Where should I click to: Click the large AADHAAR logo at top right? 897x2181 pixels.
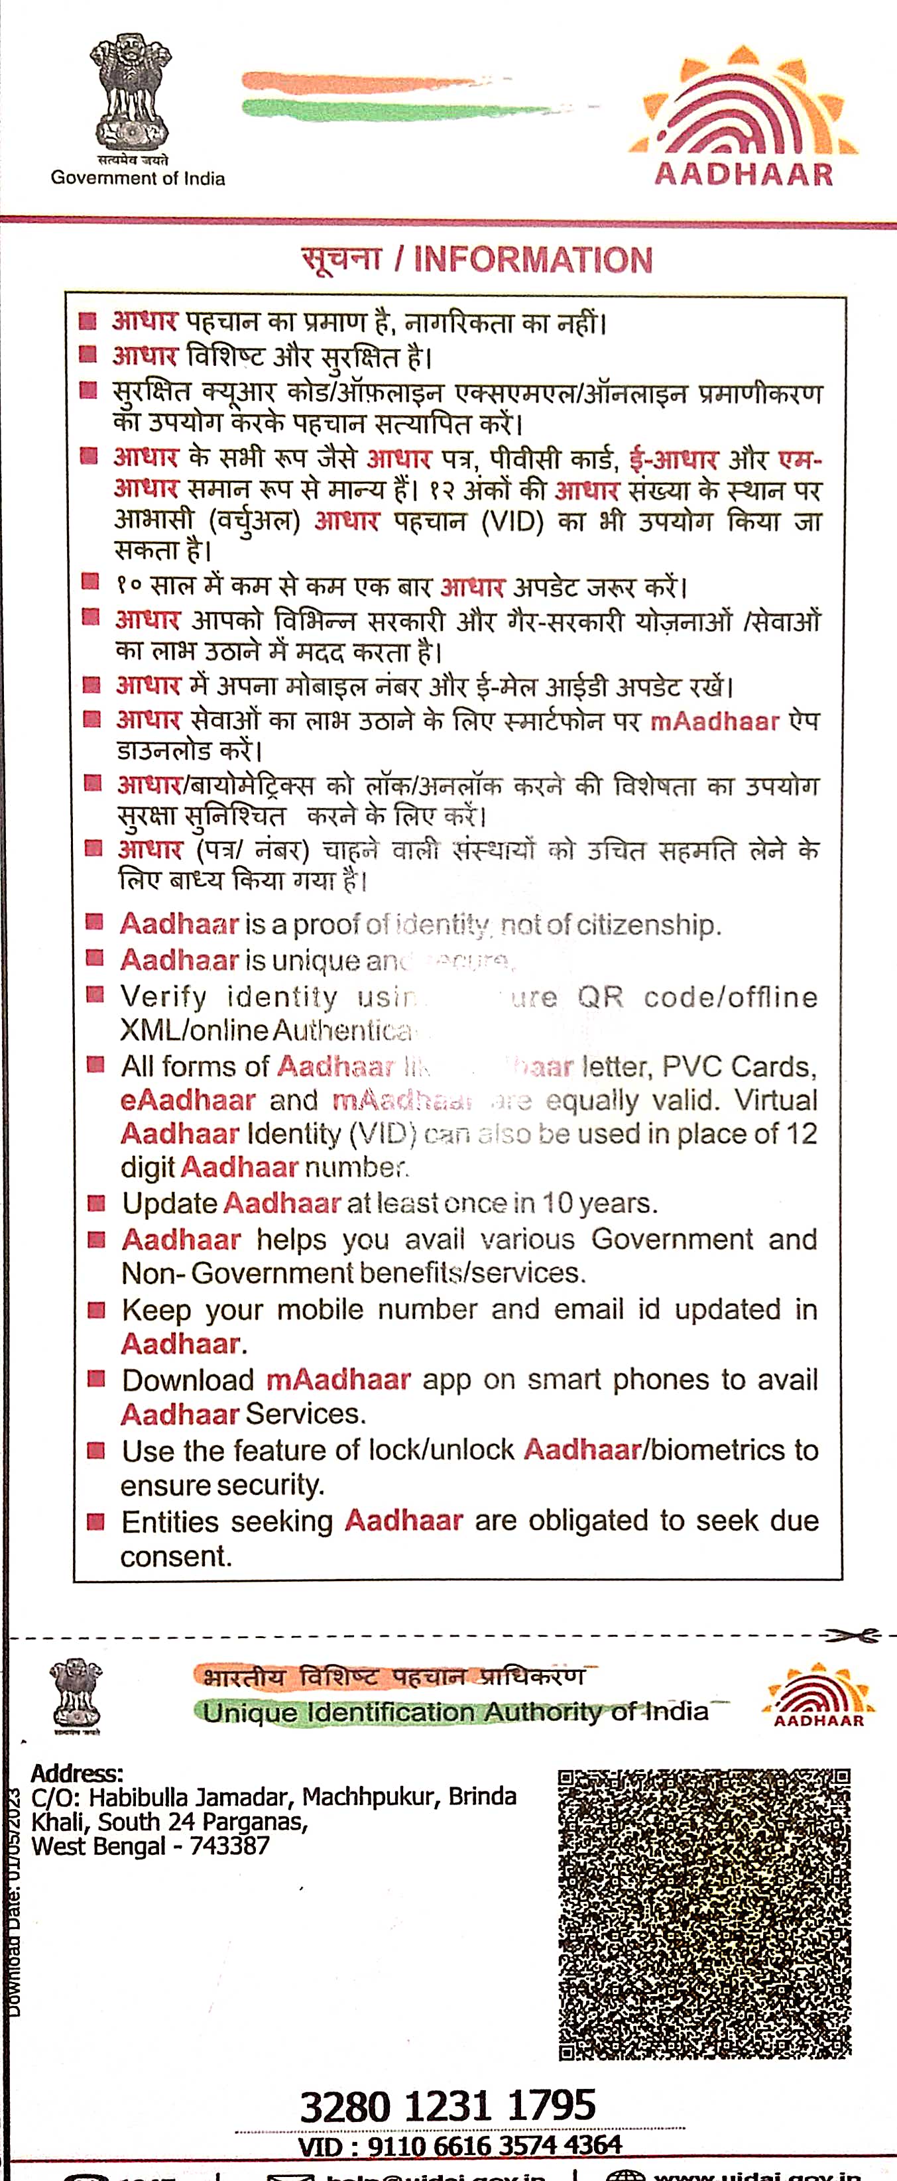click(744, 119)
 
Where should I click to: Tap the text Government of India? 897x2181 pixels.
click(138, 178)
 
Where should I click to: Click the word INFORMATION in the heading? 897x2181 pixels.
click(533, 260)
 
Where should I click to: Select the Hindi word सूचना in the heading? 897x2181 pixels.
click(342, 259)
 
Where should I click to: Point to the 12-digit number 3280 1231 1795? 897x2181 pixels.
click(448, 2105)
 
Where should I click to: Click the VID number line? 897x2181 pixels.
click(460, 2145)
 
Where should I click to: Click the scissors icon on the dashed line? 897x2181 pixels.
click(851, 1636)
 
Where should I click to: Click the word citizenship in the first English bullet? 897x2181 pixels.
click(648, 925)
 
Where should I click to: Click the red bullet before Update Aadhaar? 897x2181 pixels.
click(97, 1203)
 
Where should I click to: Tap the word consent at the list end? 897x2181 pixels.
click(175, 1555)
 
